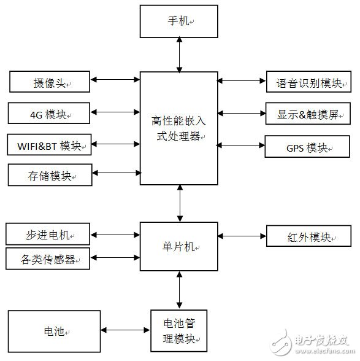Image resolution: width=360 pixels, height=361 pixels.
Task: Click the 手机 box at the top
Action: [179, 22]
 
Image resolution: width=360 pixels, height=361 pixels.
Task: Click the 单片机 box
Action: [179, 246]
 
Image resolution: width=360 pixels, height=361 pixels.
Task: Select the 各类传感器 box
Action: [47, 258]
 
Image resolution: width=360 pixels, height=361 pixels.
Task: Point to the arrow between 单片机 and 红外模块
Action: [242, 236]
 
